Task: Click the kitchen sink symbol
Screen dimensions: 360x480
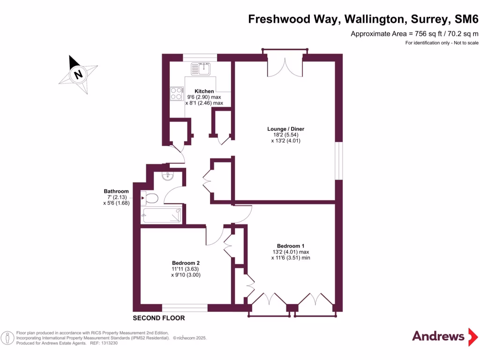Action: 201,69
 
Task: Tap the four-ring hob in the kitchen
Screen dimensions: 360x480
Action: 176,93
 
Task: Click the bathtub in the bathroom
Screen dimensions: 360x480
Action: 162,216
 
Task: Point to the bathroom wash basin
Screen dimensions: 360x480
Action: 168,176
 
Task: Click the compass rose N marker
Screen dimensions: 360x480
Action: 78,74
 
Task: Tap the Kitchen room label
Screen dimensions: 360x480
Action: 204,91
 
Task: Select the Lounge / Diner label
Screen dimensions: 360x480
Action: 282,129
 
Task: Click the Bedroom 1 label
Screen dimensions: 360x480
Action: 291,246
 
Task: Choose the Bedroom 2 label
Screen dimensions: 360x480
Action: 186,263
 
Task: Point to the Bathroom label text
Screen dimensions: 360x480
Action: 116,191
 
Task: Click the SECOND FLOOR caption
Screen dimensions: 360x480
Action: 159,318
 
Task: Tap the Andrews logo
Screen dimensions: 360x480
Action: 438,336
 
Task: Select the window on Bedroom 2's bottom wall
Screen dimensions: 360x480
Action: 185,308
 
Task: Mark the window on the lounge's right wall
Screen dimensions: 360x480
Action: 339,160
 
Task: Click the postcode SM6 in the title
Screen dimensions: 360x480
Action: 466,19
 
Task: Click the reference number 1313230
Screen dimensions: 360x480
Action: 108,343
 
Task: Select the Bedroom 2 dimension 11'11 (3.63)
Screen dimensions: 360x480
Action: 186,269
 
